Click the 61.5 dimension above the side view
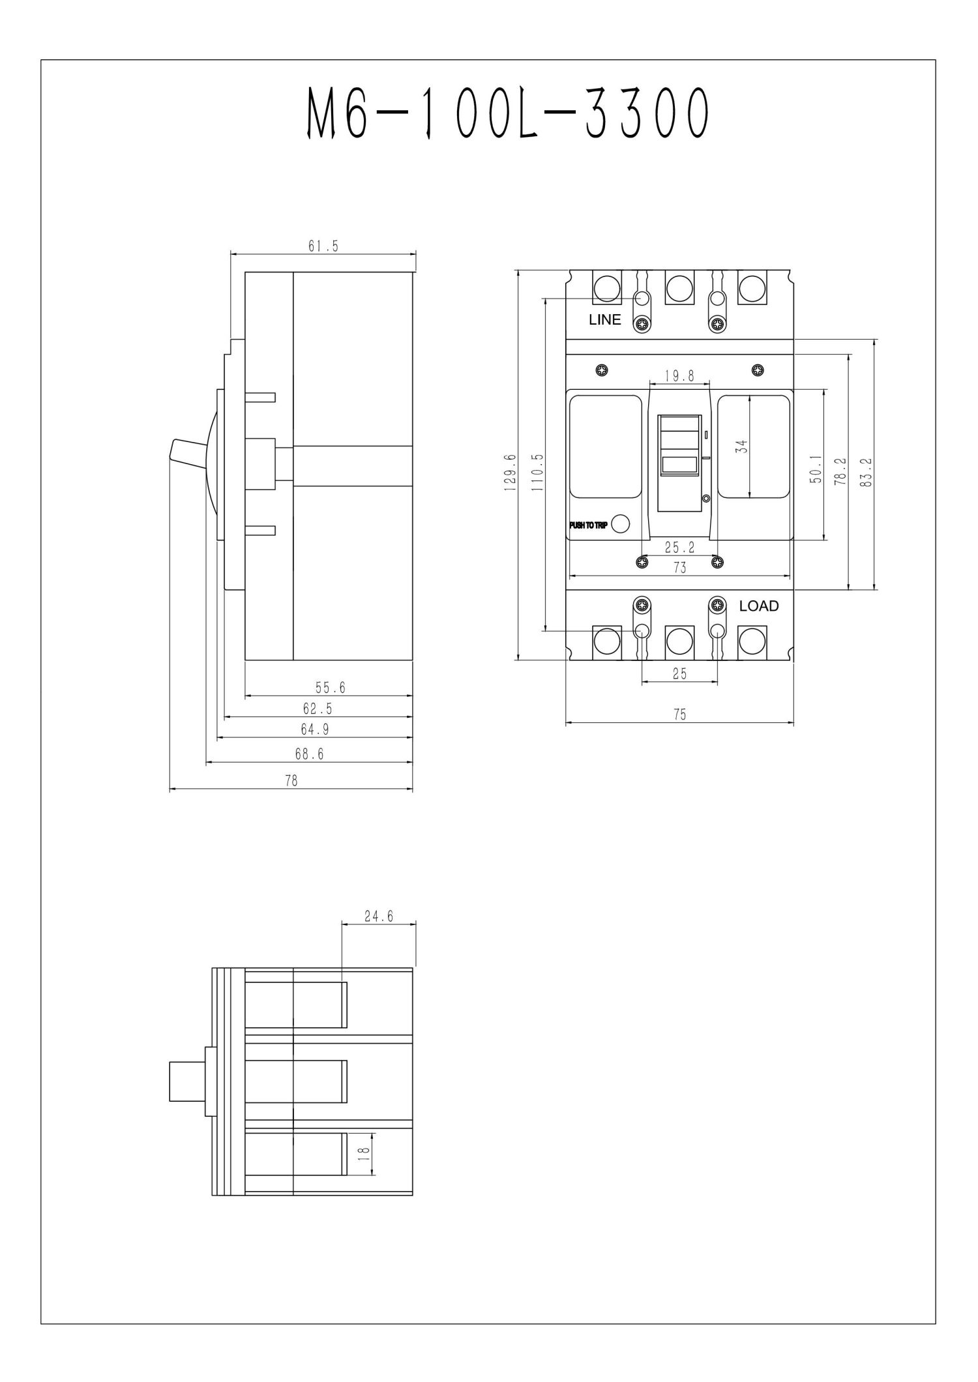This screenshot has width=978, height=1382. [x=323, y=246]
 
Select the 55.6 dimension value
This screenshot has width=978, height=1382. [x=330, y=687]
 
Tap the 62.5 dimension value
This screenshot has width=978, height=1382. [x=318, y=708]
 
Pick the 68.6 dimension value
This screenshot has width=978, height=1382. [x=309, y=754]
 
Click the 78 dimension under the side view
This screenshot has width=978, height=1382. [x=291, y=780]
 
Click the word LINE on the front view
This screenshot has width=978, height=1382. [x=604, y=320]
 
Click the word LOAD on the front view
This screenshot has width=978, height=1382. [x=758, y=606]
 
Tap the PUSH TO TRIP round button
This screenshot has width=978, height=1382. [x=621, y=524]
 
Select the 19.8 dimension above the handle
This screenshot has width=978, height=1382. [x=679, y=376]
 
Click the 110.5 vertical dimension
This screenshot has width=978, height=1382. [x=538, y=472]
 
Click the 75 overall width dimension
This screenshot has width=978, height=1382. [x=679, y=714]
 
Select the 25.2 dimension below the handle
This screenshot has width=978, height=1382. [x=679, y=548]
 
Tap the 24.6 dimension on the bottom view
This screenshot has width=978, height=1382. [x=378, y=916]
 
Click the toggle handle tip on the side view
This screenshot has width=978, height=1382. [x=174, y=450]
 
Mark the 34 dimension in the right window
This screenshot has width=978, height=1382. [x=741, y=447]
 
